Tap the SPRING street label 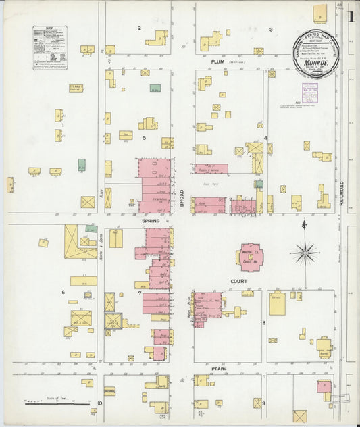click(151, 221)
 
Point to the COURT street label click(238, 281)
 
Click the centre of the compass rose click(305, 254)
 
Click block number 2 click(140, 28)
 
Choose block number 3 click(271, 29)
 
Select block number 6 click(63, 292)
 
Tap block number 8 click(264, 323)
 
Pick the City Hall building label click(75, 87)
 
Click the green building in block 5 click(155, 89)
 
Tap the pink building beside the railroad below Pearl click(324, 387)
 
